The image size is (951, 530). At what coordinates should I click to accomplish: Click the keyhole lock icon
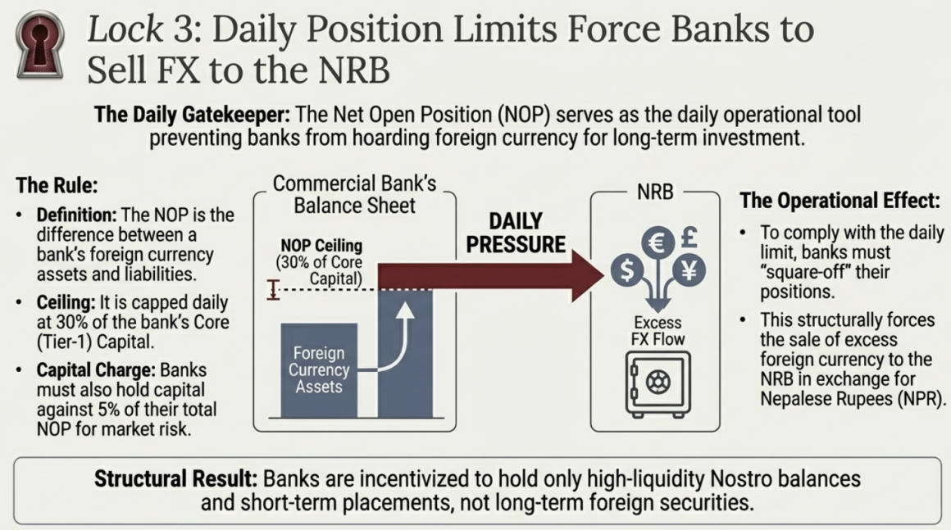(40, 45)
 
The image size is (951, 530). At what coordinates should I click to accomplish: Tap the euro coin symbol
(658, 242)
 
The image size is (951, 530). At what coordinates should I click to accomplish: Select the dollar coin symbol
(627, 270)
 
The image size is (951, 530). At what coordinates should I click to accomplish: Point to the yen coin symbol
(689, 270)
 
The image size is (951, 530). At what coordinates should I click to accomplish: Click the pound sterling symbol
(689, 237)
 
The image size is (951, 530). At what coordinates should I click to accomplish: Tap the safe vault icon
(658, 384)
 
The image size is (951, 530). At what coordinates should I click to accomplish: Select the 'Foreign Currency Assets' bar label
(318, 369)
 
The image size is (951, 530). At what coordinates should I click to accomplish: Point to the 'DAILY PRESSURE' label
(516, 233)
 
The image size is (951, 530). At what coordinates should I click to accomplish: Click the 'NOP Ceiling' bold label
(321, 245)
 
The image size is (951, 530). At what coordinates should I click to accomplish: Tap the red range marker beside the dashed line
(273, 289)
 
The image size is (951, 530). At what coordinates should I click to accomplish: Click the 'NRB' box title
(655, 192)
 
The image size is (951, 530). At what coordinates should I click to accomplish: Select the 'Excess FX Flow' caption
(658, 331)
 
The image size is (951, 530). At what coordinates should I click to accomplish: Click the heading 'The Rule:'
(57, 185)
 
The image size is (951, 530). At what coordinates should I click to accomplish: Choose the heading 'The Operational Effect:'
(840, 201)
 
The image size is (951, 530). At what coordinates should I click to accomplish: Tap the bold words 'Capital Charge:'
(96, 369)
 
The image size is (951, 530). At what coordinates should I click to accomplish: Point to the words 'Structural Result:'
(176, 478)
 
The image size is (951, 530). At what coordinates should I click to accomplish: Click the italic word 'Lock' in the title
(125, 29)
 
